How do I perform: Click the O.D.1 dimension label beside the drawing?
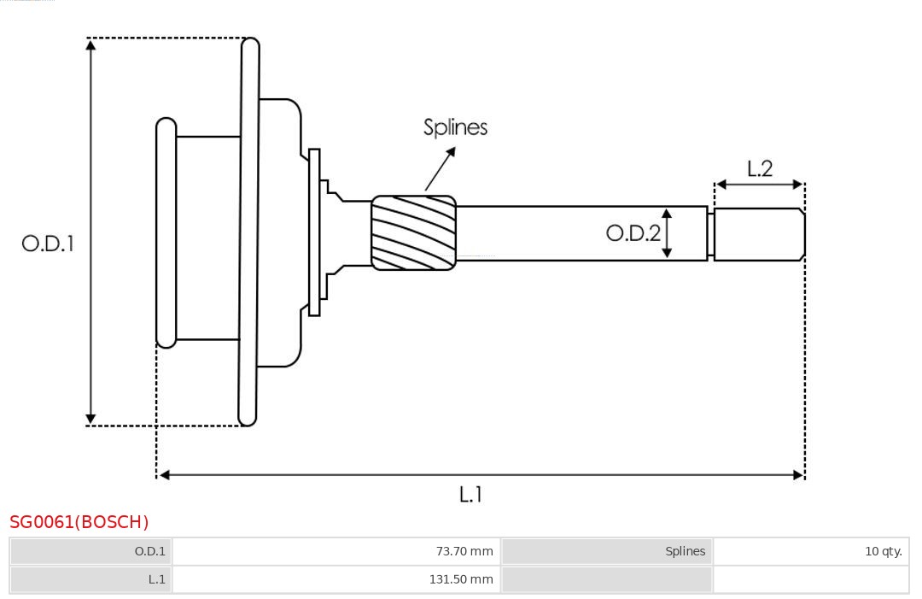tap(48, 244)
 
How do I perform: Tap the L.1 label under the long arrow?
tap(471, 494)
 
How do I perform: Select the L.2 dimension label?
tap(759, 168)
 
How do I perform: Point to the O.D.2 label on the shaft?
tap(633, 232)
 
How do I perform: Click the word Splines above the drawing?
tap(455, 127)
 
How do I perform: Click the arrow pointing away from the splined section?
tap(440, 168)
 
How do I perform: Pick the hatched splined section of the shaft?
tap(413, 233)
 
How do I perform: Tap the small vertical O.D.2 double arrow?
tap(667, 233)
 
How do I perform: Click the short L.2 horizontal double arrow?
tap(759, 185)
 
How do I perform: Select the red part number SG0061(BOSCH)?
tap(79, 522)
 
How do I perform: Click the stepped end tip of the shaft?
tap(759, 234)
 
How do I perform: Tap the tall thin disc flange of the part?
tap(248, 232)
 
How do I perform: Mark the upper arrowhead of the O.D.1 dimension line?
tap(91, 44)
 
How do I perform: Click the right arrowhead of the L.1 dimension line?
tap(798, 475)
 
